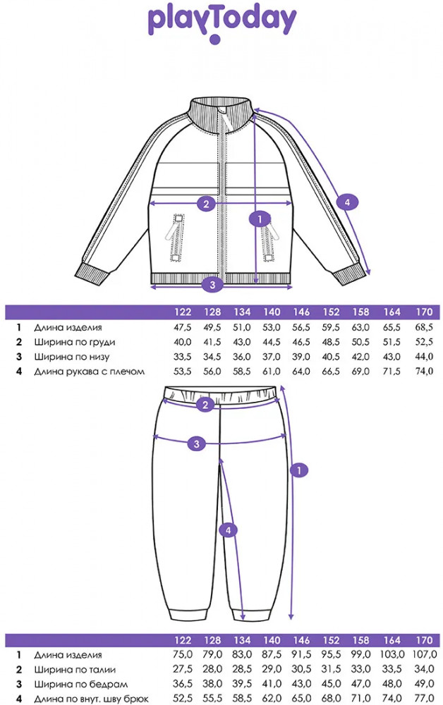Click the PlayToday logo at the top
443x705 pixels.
[x=221, y=21]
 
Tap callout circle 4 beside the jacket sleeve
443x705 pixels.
[x=345, y=202]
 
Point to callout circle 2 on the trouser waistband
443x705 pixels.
[x=205, y=405]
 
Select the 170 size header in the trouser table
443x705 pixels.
[x=424, y=641]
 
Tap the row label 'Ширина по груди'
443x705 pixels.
[x=74, y=342]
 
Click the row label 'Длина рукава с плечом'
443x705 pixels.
[x=89, y=371]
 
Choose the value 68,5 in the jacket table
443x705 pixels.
[x=424, y=328]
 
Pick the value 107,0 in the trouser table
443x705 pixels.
[x=423, y=656]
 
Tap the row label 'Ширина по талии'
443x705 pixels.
[x=74, y=670]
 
